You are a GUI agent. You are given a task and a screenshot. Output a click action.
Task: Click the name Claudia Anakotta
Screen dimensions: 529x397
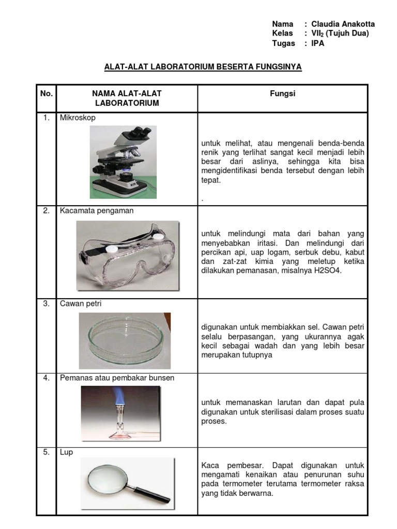point(343,24)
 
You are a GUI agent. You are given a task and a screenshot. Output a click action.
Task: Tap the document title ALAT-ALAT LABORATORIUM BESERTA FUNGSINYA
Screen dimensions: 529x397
point(203,67)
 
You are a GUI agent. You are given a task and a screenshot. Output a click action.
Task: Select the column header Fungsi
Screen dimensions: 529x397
point(282,94)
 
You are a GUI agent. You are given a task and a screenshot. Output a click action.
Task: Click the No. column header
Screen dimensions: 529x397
point(47,94)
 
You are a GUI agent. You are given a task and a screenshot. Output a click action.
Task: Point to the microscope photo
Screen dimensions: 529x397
point(123,162)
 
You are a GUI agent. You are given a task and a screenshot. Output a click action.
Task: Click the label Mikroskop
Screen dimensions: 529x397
point(78,118)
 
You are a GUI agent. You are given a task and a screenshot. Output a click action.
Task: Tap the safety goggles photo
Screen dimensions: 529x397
point(128,256)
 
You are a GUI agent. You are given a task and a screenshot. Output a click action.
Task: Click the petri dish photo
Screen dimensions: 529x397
point(125,340)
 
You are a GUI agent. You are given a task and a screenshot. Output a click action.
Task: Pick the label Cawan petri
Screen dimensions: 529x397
point(81,304)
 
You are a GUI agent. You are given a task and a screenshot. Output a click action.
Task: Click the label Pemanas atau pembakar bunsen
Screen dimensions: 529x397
point(117,378)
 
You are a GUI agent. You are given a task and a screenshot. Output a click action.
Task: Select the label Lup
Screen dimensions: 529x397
point(66,453)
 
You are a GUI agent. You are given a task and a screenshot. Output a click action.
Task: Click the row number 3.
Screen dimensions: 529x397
point(47,304)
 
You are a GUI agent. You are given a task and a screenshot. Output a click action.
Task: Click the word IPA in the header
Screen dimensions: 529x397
point(318,43)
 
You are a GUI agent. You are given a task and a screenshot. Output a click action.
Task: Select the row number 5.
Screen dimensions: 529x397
point(47,453)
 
